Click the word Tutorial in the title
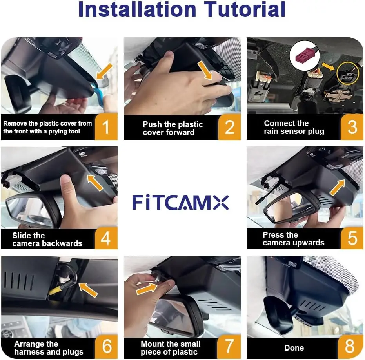pos(245,9)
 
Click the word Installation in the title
pos(137,9)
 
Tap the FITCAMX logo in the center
pos(180,203)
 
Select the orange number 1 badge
pos(106,127)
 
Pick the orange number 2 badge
pos(229,127)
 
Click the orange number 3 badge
pos(352,127)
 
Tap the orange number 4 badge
pos(106,238)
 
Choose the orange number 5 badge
pos(352,238)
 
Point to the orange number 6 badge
pos(106,347)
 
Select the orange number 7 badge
pos(229,347)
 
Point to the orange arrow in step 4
pos(95,183)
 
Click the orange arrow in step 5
pos(338,187)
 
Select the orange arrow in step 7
pos(147,289)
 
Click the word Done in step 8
pos(294,348)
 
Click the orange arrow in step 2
pos(205,70)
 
